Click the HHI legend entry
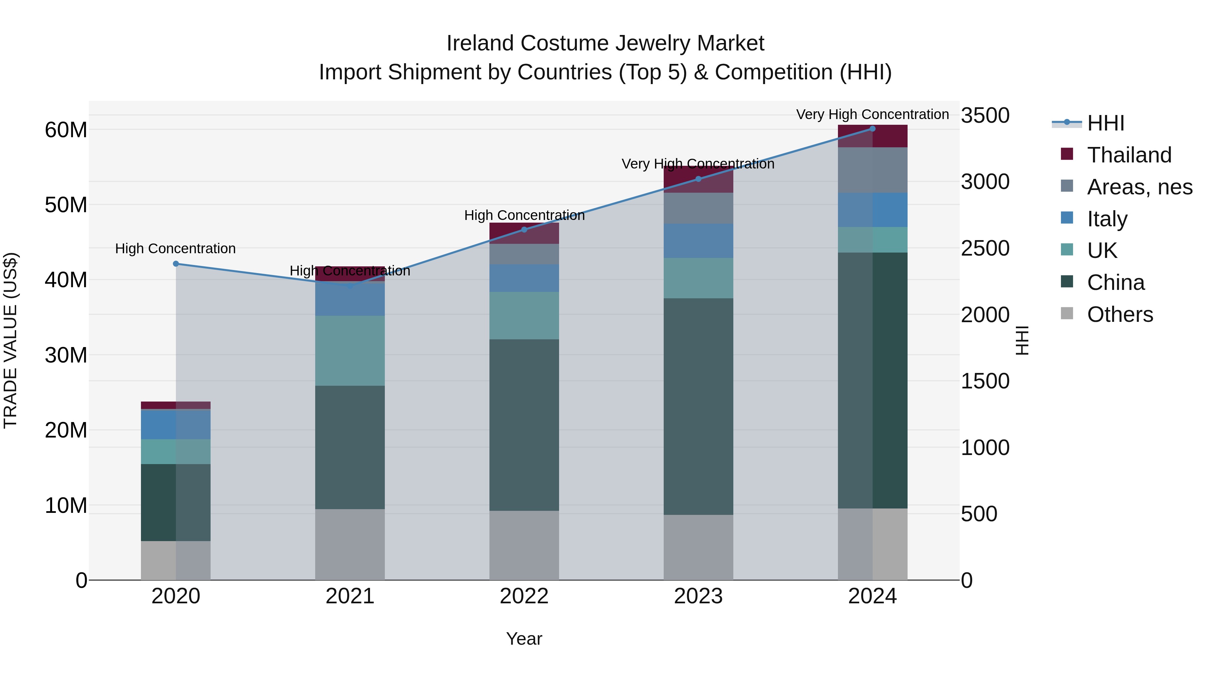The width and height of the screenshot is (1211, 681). tap(1105, 123)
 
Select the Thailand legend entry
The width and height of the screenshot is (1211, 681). tap(1128, 155)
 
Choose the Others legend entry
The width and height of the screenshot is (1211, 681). tap(1119, 314)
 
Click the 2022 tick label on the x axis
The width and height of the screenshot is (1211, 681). tap(524, 596)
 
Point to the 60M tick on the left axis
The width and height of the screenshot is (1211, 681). tap(66, 130)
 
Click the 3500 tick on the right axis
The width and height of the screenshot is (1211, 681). tap(985, 116)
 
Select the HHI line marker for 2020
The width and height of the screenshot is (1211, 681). tap(176, 264)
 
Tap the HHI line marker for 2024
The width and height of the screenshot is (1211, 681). tap(873, 129)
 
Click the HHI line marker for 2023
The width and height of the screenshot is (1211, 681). tap(698, 179)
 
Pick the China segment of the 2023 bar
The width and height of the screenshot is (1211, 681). tap(698, 407)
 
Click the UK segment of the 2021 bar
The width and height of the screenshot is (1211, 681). tap(350, 351)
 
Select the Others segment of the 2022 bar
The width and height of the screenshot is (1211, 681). tap(524, 545)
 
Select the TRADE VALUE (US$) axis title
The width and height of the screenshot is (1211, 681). tap(10, 340)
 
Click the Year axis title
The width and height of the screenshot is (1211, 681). tap(524, 639)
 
